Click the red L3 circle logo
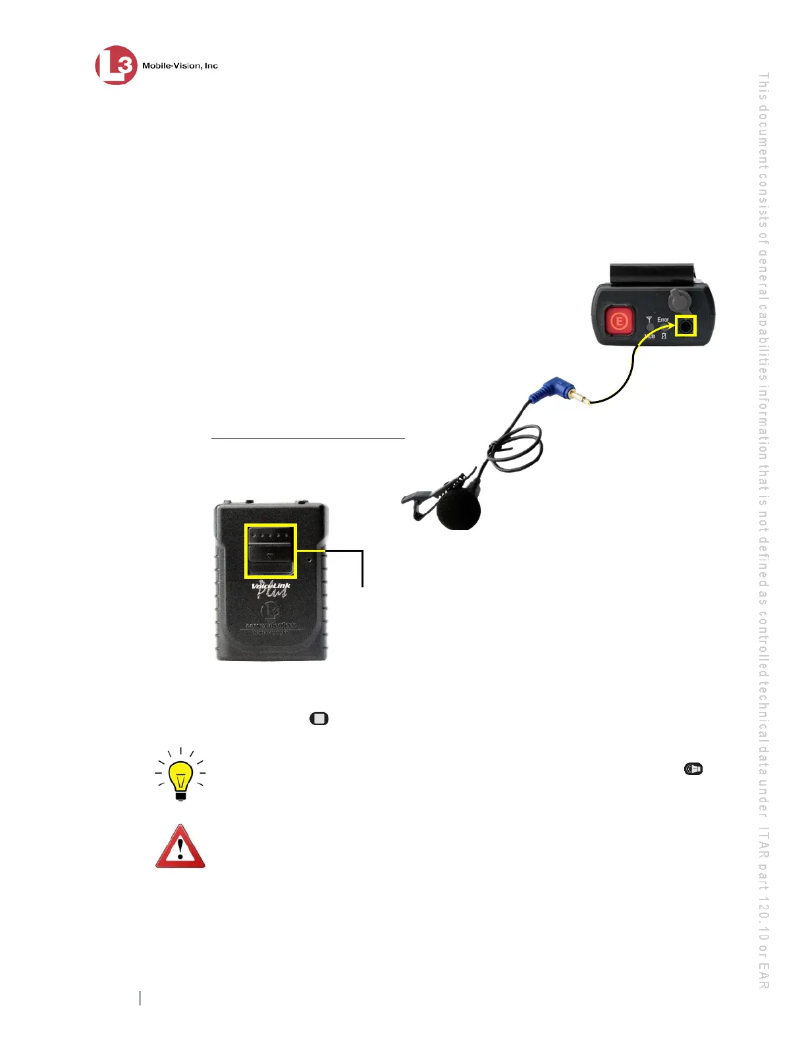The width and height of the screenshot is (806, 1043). click(x=116, y=65)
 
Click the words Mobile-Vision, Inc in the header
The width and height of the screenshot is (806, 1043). click(x=180, y=66)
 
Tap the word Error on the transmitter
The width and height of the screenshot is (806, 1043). click(x=662, y=320)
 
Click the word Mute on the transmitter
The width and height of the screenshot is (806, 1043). click(x=649, y=336)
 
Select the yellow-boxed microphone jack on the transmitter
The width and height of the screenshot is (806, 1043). click(x=686, y=325)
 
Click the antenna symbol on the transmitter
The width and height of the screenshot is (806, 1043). click(x=649, y=321)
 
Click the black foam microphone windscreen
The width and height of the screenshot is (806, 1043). click(x=458, y=510)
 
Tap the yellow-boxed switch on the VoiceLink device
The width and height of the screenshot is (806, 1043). click(x=271, y=550)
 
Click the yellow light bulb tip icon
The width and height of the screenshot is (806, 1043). click(x=180, y=774)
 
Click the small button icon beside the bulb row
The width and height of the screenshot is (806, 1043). click(x=693, y=769)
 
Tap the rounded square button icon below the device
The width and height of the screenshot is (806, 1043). click(x=319, y=718)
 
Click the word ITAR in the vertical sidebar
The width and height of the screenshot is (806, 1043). click(x=764, y=849)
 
